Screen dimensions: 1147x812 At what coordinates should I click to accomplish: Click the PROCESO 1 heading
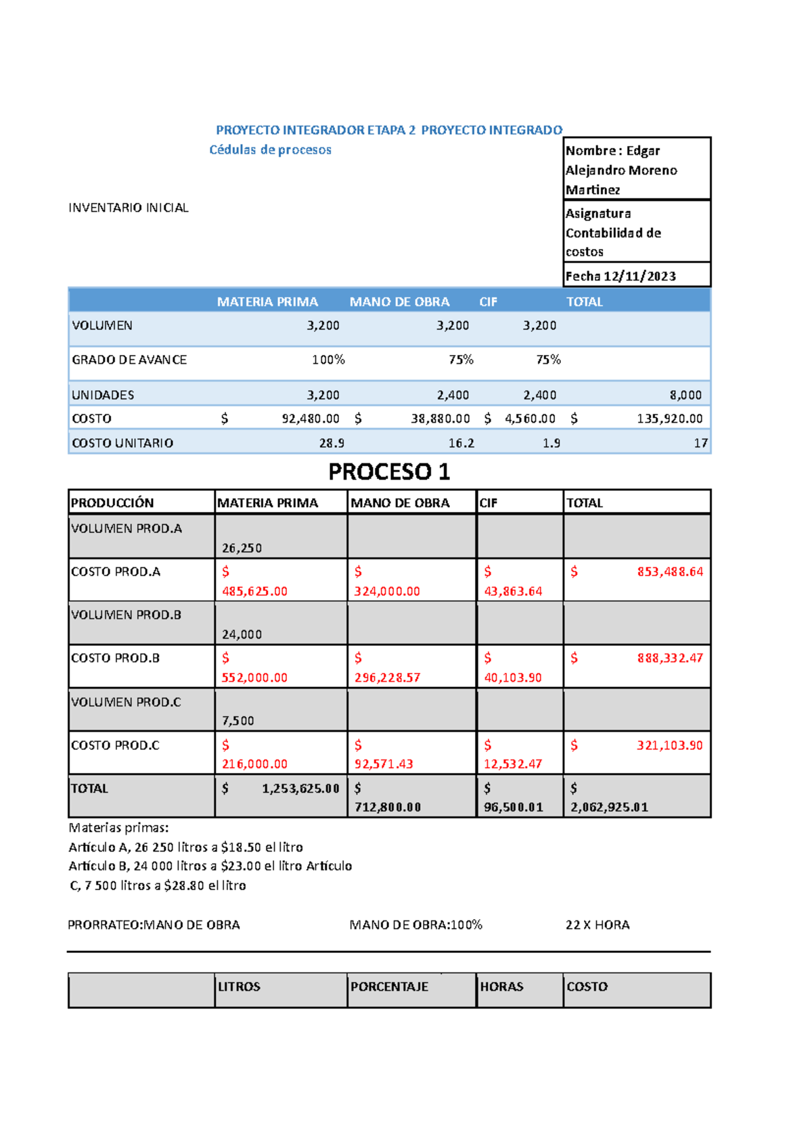point(389,471)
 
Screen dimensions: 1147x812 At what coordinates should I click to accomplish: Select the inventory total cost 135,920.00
point(669,419)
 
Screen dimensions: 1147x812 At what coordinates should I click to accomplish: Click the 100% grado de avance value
point(328,360)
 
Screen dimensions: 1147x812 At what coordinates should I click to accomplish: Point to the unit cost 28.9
point(332,443)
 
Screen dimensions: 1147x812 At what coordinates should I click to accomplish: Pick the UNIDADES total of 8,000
point(685,395)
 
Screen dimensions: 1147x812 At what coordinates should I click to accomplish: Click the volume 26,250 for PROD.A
point(242,548)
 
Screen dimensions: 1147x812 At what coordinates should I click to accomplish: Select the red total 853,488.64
point(670,571)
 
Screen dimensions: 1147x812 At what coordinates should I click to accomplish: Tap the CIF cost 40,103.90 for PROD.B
point(513,677)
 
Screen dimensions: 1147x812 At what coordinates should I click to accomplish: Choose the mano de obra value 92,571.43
point(384,764)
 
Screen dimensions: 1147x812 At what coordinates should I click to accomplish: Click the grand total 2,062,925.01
point(610,807)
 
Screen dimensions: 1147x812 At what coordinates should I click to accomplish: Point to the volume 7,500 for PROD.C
point(238,721)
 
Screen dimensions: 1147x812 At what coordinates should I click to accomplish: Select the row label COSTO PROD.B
point(116,658)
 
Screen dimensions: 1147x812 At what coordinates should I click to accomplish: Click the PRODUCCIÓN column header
point(112,502)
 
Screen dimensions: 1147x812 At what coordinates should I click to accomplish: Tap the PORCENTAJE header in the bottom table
point(389,987)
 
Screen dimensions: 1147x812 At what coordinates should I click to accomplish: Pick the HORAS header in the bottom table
point(501,987)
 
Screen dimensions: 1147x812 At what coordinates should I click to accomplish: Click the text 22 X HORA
point(597,924)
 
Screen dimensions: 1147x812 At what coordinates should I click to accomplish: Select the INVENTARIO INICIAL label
point(129,208)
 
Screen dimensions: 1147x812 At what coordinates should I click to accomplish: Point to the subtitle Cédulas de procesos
point(270,149)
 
